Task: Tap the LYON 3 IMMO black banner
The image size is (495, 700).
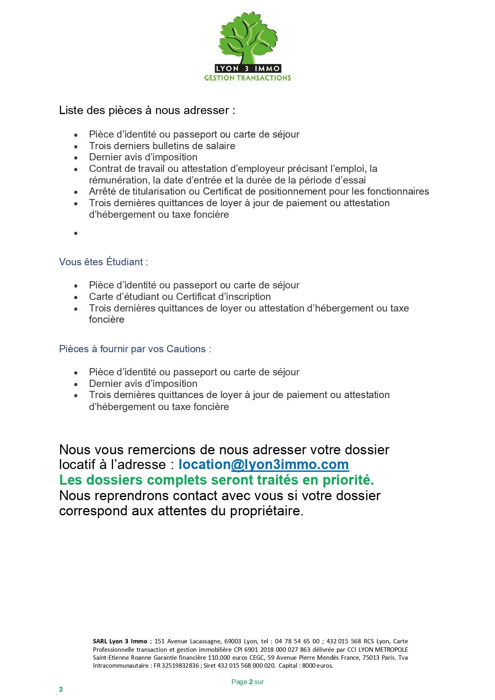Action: pos(247,69)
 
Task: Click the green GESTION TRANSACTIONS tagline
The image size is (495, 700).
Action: pos(247,78)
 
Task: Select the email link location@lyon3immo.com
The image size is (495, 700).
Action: pos(263,465)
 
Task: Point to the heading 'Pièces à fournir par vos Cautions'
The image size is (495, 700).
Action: pos(135,349)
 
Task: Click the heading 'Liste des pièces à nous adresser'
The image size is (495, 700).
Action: pos(147,110)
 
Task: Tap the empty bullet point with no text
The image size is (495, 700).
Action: pos(76,233)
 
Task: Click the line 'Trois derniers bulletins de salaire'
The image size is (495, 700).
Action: pos(162,146)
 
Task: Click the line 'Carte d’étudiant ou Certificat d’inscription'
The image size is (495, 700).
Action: pos(180,297)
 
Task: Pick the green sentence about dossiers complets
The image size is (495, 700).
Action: pos(216,480)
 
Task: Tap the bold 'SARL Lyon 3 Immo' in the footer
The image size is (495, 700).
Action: pos(120,641)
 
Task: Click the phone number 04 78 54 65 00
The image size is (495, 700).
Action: pos(297,641)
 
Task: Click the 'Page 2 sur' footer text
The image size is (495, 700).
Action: pos(247,682)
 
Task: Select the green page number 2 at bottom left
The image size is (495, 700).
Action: pos(61,690)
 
